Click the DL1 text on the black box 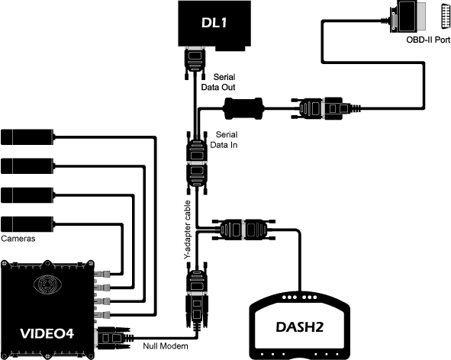214,22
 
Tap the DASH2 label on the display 299,326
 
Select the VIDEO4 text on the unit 47,333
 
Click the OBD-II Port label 428,40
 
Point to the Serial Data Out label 218,82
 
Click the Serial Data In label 224,140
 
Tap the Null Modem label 166,346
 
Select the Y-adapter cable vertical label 187,230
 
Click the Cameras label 18,239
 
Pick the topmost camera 27,137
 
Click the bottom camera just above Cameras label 27,224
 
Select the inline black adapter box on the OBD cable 244,108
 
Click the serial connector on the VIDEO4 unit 114,338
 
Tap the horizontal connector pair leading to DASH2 243,230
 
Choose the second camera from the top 27,166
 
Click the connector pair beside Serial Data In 197,163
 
